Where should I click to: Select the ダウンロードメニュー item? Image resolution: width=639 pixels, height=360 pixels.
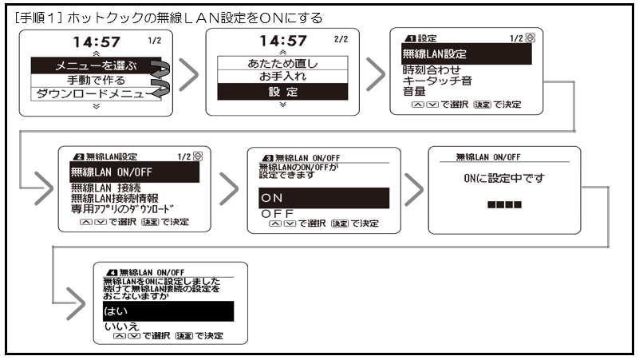[85, 95]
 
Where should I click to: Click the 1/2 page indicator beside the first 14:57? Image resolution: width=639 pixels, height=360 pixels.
[153, 38]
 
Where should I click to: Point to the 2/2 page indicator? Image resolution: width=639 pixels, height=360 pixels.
[341, 38]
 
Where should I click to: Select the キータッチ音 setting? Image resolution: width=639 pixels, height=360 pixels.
[438, 81]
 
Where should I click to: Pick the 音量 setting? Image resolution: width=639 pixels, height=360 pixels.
[416, 93]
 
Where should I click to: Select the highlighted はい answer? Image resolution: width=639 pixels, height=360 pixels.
[167, 311]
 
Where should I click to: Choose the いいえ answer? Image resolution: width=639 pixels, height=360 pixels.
[122, 326]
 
